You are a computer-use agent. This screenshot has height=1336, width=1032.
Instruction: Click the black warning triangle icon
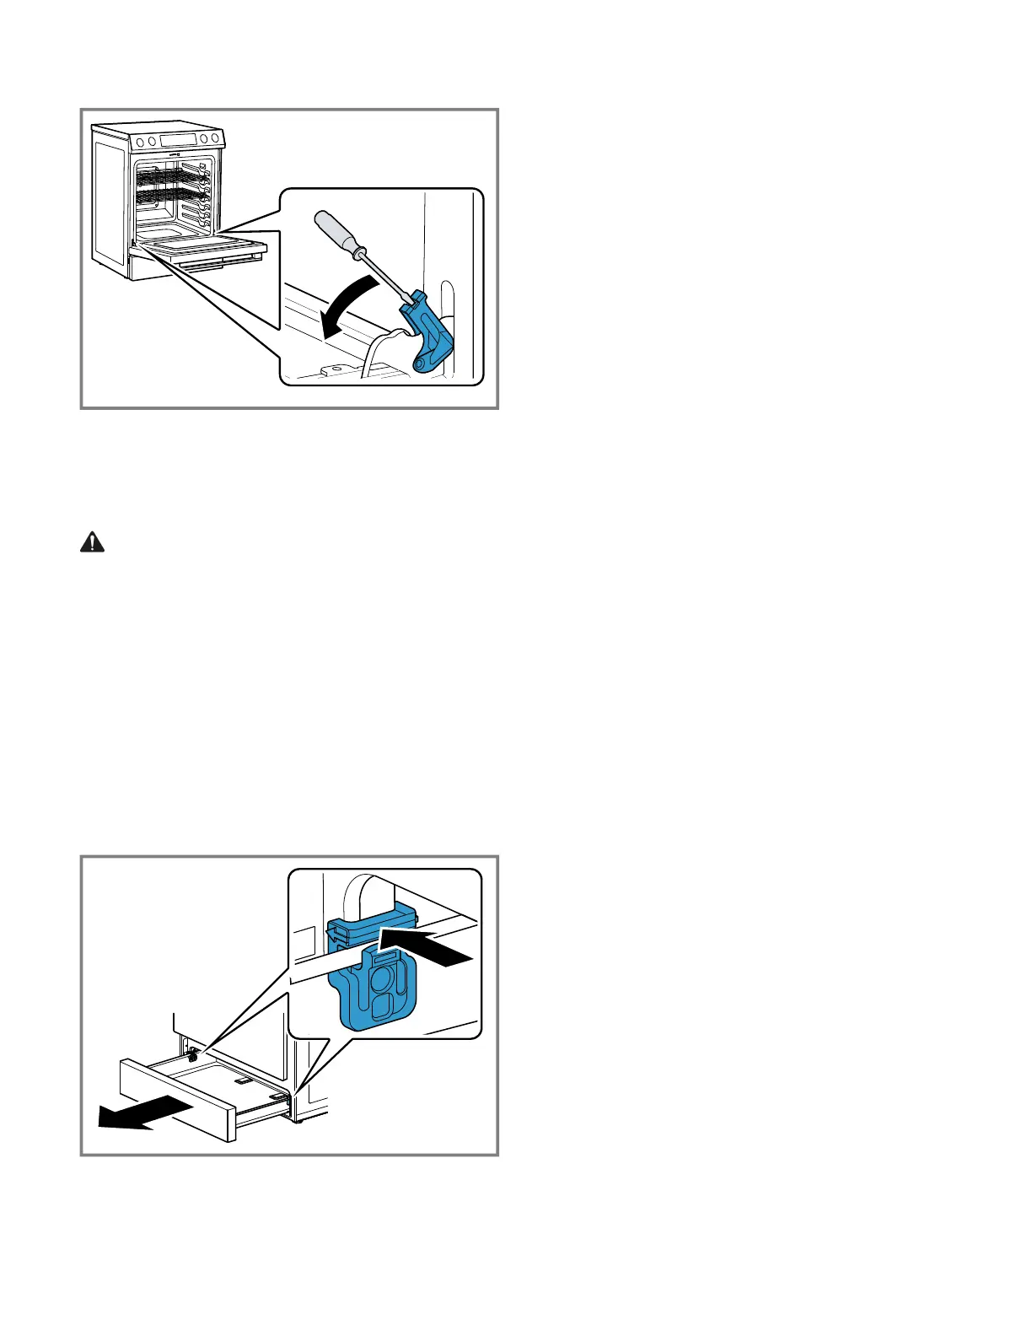pos(92,542)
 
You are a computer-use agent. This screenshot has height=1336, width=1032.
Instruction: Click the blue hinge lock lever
pos(430,334)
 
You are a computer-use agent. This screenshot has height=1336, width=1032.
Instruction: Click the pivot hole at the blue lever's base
pos(421,363)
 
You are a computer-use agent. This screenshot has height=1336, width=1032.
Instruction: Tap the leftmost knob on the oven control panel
pos(140,142)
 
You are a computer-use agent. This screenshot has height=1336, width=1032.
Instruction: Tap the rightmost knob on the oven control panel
pos(216,138)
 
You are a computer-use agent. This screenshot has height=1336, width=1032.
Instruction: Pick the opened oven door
pos(202,249)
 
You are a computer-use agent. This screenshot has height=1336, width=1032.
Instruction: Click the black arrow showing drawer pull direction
pos(135,1113)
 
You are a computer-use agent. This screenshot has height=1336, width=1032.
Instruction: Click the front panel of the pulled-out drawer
pos(177,1101)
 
